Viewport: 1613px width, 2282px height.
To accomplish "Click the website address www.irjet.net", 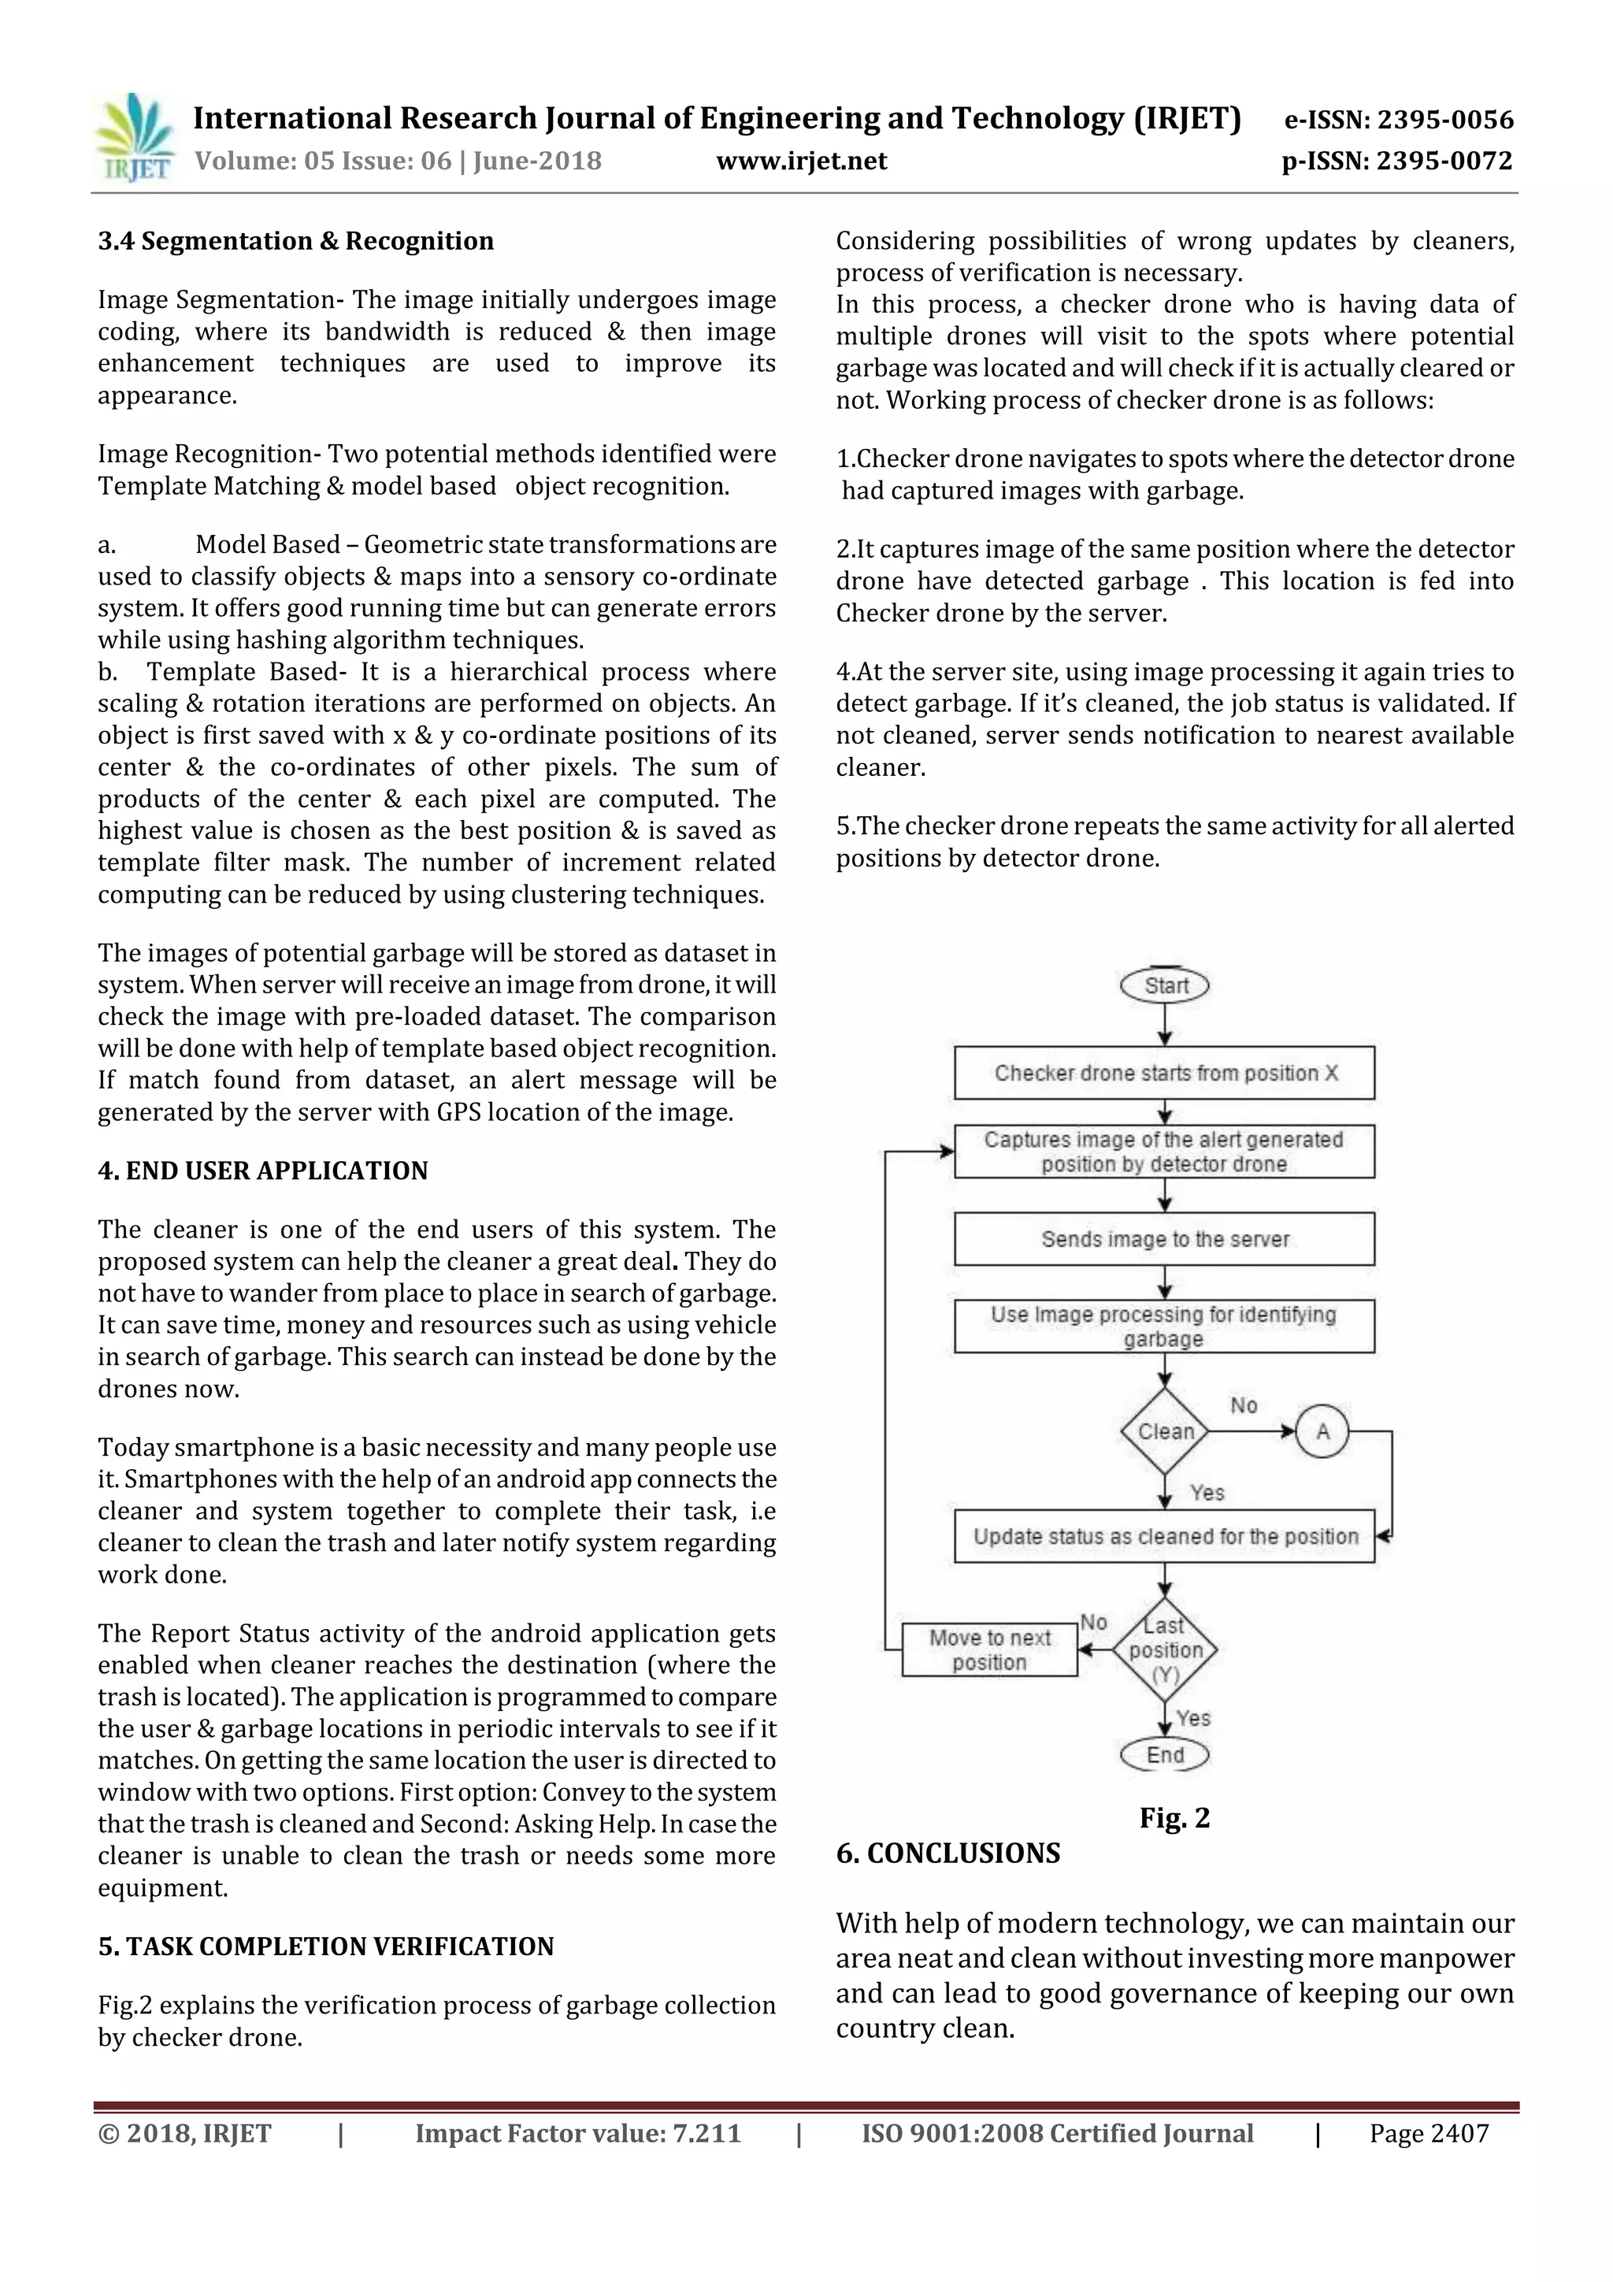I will click(801, 161).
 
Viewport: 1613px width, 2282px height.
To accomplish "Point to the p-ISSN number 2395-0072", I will click(1445, 161).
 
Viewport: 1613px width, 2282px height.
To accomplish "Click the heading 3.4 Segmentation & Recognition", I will click(295, 242).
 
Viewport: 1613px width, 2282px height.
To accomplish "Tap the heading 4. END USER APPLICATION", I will click(262, 1171).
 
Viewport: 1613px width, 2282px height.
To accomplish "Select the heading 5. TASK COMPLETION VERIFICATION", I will click(326, 1946).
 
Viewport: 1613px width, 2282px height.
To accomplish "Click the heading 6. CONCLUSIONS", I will click(947, 1853).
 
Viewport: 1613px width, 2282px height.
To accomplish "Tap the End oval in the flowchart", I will click(1165, 1755).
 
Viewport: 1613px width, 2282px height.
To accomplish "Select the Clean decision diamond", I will click(1165, 1431).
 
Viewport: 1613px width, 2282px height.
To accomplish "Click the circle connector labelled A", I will click(1322, 1431).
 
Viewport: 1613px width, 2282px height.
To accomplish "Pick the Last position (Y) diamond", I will click(1165, 1650).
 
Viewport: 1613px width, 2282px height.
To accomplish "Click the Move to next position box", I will click(989, 1650).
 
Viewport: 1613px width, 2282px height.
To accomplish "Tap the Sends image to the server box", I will click(1165, 1238).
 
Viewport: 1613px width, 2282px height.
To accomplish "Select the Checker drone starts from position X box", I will click(1165, 1072).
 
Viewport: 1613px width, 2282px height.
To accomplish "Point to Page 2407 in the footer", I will click(1428, 2134).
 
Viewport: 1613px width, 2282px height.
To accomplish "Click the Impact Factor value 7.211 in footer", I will click(577, 2134).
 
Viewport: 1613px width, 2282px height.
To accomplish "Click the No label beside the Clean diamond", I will click(1244, 1405).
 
